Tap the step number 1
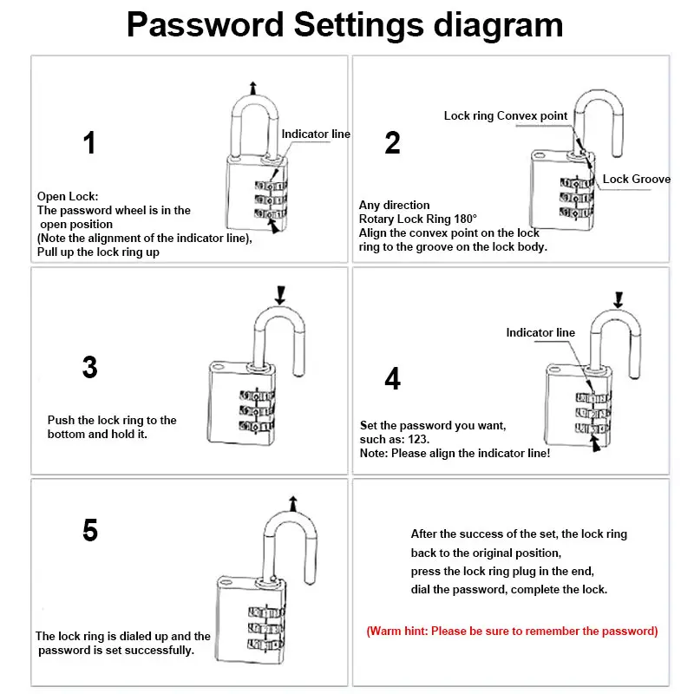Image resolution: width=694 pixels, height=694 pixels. tap(89, 143)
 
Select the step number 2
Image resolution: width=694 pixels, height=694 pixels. tap(392, 143)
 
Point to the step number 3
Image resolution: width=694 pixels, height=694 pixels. tap(89, 367)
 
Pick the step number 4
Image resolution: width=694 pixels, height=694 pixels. tap(392, 378)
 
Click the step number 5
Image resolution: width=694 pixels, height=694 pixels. tap(89, 530)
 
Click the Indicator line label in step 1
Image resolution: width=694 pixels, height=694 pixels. tap(316, 134)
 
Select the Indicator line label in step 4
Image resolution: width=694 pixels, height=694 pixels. tap(540, 333)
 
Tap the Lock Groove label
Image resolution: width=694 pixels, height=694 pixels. tap(637, 180)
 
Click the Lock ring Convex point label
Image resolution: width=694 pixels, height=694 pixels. tap(506, 116)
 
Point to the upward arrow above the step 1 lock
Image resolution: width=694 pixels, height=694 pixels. tap(252, 86)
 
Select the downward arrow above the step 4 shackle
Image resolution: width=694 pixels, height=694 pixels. tap(618, 299)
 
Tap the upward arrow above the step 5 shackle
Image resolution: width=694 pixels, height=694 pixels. tap(292, 502)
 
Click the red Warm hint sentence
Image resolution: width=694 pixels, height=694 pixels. tap(512, 631)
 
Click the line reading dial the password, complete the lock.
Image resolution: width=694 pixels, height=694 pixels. tap(508, 590)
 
